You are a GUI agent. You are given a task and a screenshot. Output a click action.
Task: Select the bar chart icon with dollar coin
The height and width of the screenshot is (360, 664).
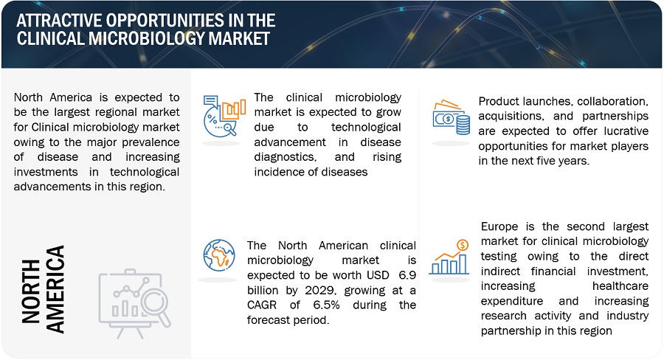click(x=449, y=257)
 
